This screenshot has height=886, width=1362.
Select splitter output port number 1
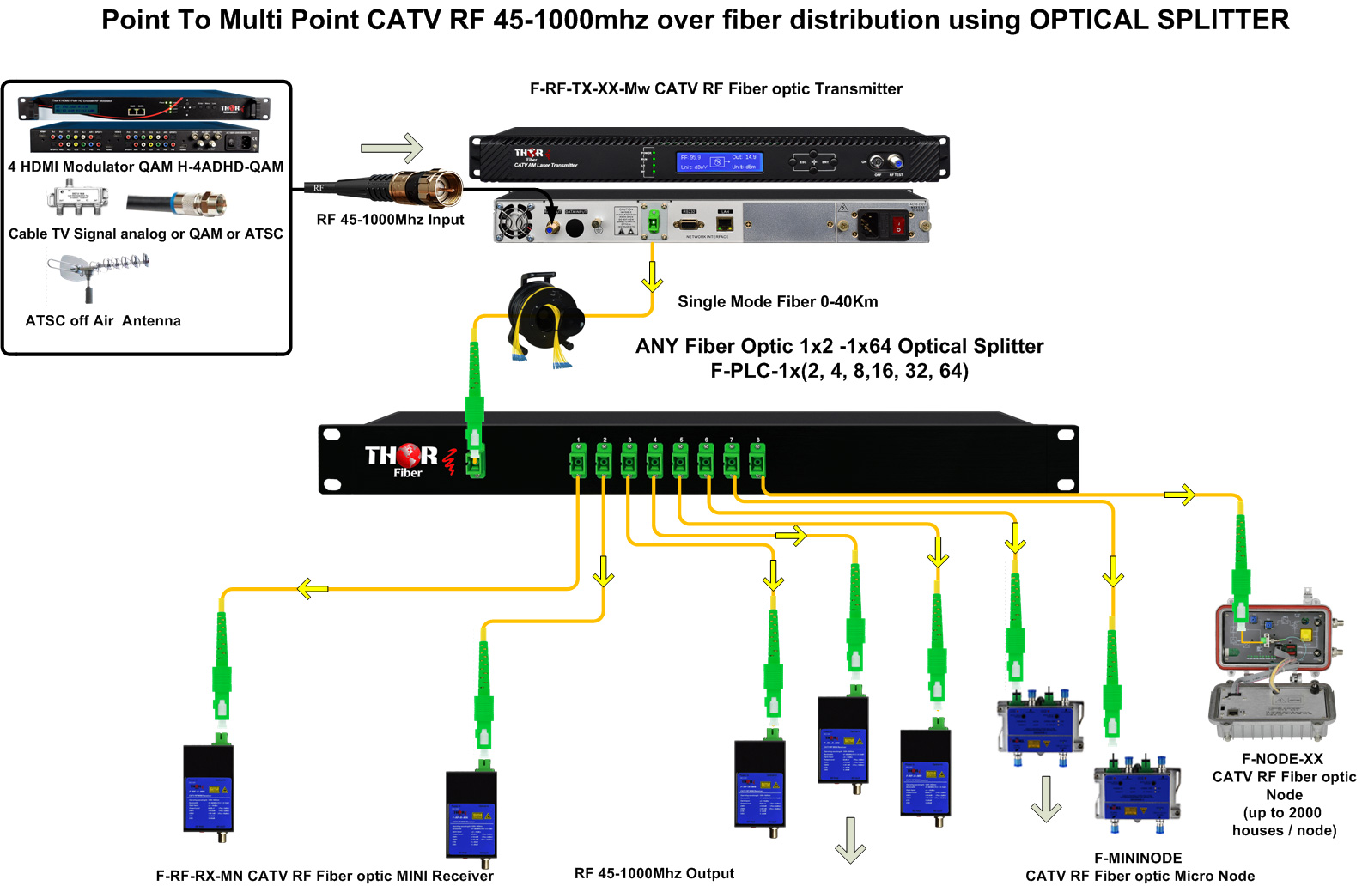[x=578, y=460]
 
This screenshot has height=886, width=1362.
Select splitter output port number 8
[x=757, y=460]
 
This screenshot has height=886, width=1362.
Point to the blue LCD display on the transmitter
[x=719, y=162]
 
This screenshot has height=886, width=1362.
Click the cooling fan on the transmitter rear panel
[x=516, y=221]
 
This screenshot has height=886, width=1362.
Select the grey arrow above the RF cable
[x=392, y=148]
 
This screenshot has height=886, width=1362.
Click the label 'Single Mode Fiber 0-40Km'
[x=777, y=301]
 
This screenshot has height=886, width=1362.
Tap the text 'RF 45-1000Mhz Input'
[x=390, y=220]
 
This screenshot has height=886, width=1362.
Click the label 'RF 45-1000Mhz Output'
[x=654, y=873]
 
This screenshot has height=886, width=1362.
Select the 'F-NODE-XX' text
[x=1282, y=759]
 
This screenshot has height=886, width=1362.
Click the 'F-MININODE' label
[x=1138, y=858]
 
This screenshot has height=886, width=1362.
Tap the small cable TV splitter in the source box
[x=78, y=199]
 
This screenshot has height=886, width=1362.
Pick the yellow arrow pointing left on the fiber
[x=313, y=589]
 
